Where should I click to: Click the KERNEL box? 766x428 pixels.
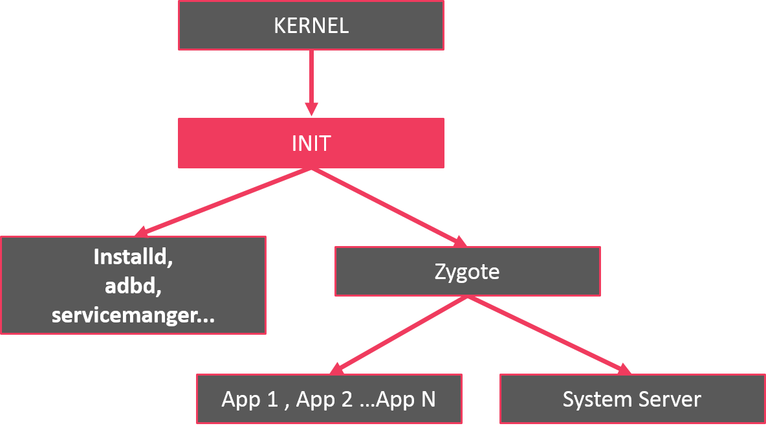tap(311, 25)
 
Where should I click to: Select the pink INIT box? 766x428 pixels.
tap(311, 143)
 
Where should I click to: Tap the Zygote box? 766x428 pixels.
tap(467, 271)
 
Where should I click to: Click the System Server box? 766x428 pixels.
tap(632, 399)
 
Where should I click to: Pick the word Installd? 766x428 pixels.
tap(133, 257)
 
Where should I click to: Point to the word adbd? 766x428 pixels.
tap(133, 286)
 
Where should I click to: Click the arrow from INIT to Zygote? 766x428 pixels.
tap(388, 207)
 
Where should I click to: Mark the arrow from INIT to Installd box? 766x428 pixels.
tap(226, 201)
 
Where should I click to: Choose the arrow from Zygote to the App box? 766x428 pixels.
tap(401, 334)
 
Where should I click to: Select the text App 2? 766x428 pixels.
tap(324, 399)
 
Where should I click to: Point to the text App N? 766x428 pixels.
tap(406, 399)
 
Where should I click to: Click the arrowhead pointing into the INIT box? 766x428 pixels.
tap(311, 109)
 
